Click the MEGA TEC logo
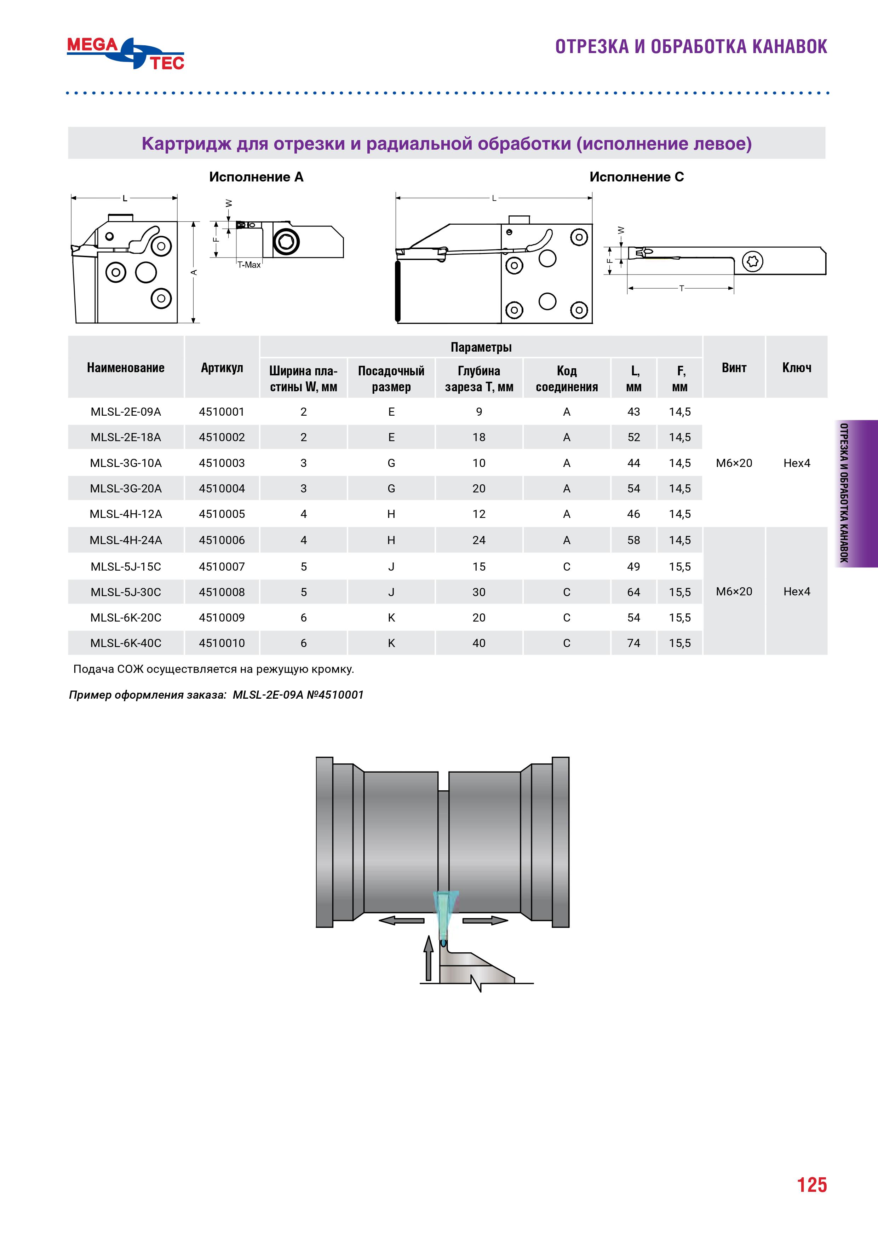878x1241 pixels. [125, 53]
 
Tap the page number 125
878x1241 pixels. [811, 1184]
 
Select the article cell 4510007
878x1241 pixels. [222, 566]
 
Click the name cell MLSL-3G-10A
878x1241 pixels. [126, 463]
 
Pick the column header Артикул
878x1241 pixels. [222, 368]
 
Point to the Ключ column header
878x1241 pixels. [796, 368]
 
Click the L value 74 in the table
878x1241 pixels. [633, 643]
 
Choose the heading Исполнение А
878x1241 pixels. [256, 177]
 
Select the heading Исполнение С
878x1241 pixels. [636, 177]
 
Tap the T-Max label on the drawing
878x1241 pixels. [249, 265]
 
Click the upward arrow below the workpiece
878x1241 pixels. [429, 958]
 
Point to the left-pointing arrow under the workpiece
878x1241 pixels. [402, 920]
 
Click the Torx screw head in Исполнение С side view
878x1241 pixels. [753, 261]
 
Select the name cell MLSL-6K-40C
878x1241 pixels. [126, 643]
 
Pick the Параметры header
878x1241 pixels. [481, 347]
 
